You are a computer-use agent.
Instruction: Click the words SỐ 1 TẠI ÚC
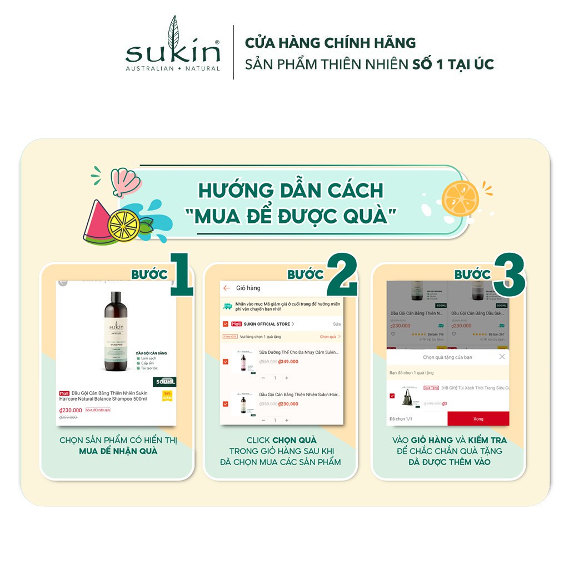coord(453,64)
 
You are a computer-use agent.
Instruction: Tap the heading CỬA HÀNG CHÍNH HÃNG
coord(330,43)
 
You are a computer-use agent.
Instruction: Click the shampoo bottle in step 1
coord(116,332)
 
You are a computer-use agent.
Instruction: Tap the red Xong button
coord(478,418)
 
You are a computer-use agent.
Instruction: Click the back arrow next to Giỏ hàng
coord(227,288)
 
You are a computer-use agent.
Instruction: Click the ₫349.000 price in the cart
coord(288,362)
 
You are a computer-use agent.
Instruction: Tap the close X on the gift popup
coord(502,357)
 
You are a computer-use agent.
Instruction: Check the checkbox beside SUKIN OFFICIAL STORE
coord(225,324)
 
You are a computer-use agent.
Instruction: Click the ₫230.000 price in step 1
coord(71,410)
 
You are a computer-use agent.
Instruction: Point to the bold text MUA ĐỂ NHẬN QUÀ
coord(118,451)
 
